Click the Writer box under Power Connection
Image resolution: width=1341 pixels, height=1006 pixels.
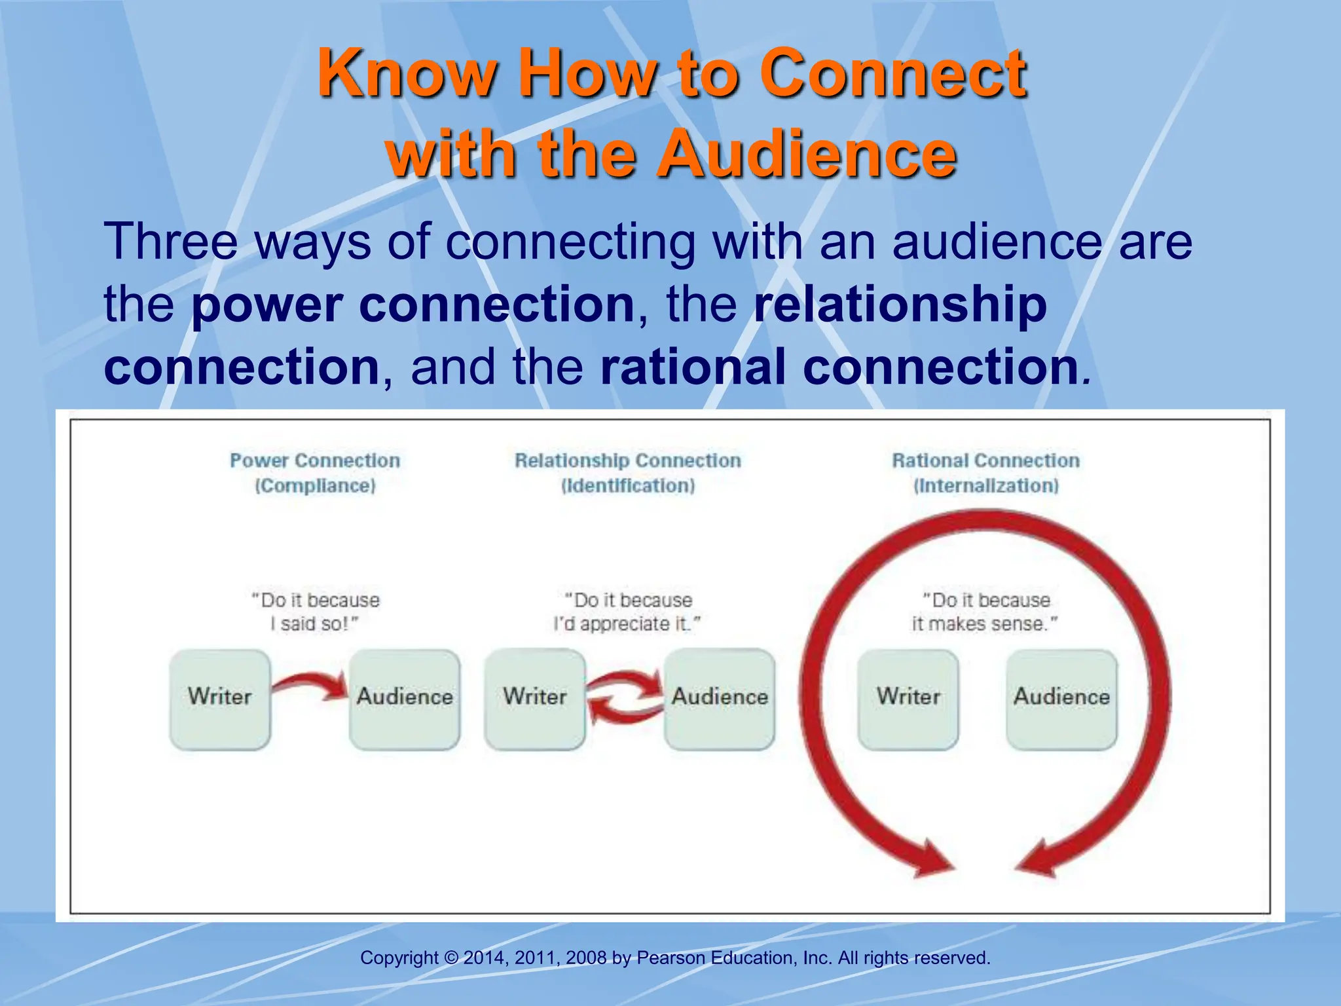220,699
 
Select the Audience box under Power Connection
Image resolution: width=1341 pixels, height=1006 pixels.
405,699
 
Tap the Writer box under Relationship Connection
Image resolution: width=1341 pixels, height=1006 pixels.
535,699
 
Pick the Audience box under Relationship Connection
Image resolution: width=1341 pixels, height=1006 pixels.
720,699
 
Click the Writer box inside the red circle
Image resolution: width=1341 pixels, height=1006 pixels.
908,699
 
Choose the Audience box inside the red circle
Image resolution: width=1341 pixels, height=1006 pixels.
1061,699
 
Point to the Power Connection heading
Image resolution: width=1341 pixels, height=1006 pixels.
315,460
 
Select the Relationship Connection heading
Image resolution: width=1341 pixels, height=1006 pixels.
627,460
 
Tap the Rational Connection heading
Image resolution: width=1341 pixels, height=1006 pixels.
985,460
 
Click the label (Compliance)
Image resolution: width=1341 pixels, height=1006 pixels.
315,486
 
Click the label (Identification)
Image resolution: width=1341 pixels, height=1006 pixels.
627,486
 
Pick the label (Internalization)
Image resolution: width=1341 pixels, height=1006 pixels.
985,486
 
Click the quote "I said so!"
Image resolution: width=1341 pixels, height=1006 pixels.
315,624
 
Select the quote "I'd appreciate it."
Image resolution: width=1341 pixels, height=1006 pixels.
627,624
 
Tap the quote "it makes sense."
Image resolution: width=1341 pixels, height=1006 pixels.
984,624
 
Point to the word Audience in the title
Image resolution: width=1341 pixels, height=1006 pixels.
807,155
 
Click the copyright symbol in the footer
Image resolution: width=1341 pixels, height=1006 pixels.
451,958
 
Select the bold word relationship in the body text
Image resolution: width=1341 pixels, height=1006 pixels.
900,305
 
